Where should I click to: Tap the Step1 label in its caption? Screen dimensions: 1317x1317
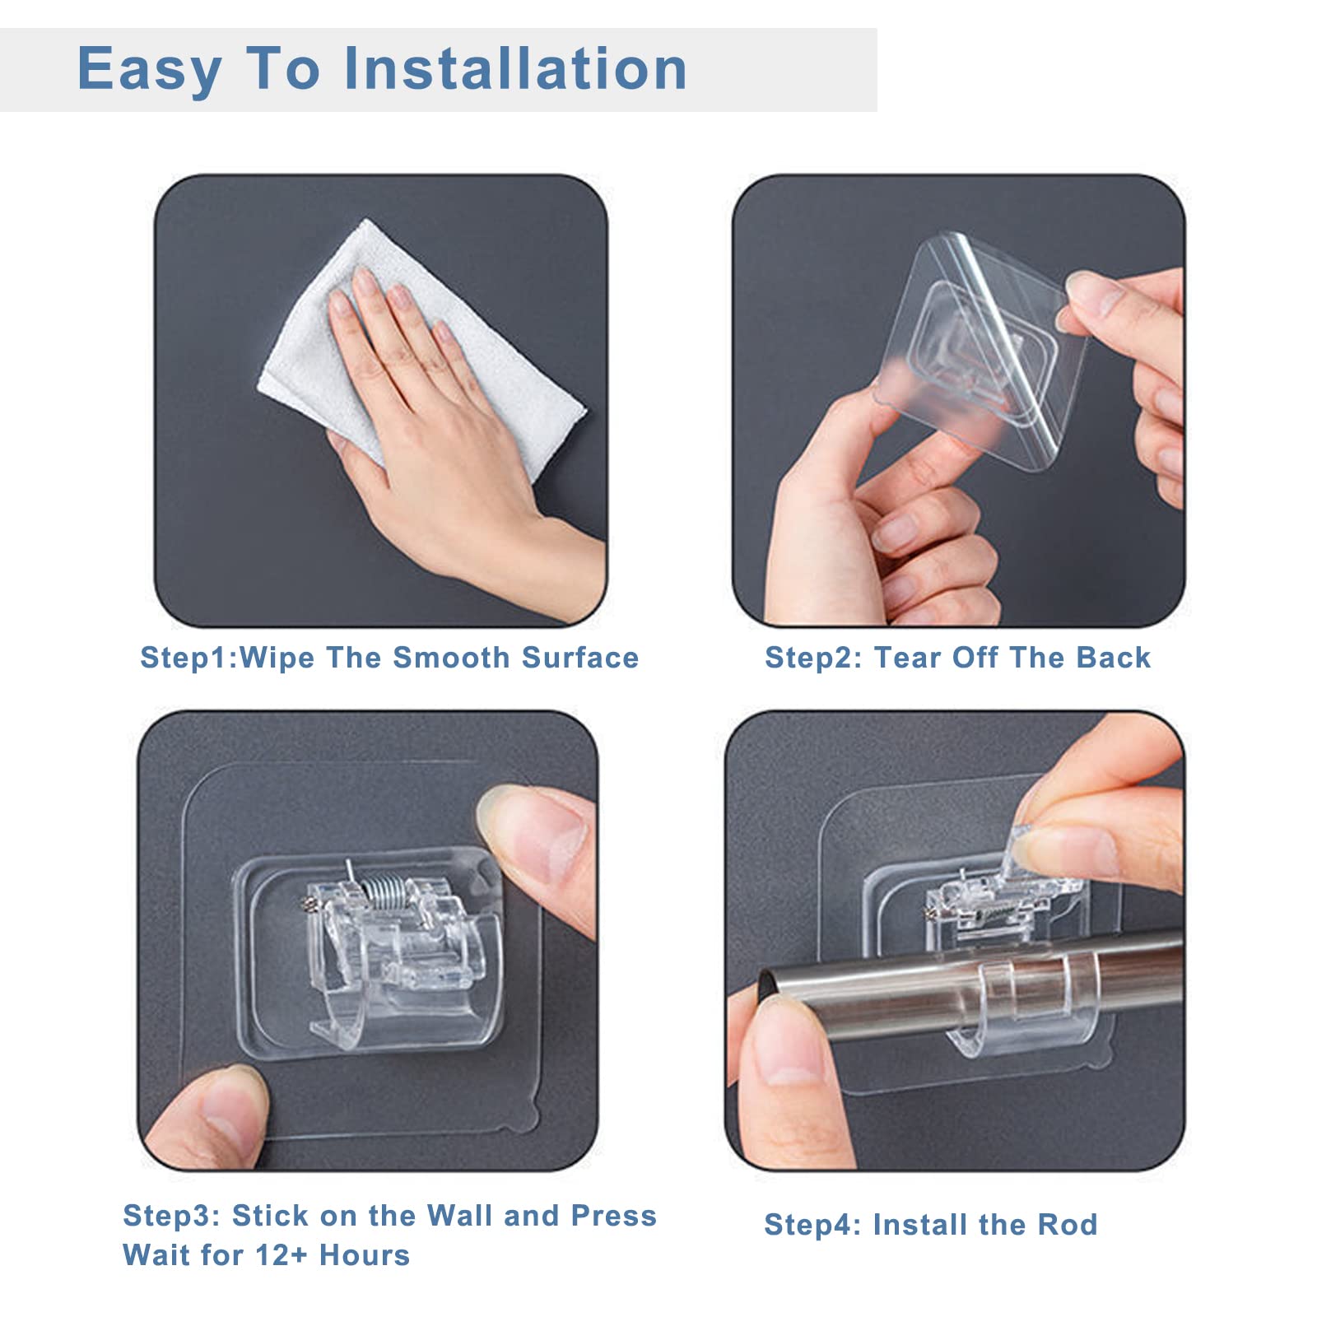click(x=187, y=658)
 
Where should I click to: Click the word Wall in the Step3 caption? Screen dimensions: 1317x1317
click(x=459, y=1216)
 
